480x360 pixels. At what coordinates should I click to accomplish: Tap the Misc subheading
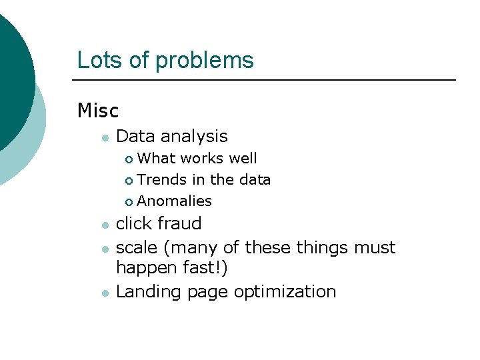(x=97, y=110)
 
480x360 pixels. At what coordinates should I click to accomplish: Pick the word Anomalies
(x=174, y=201)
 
